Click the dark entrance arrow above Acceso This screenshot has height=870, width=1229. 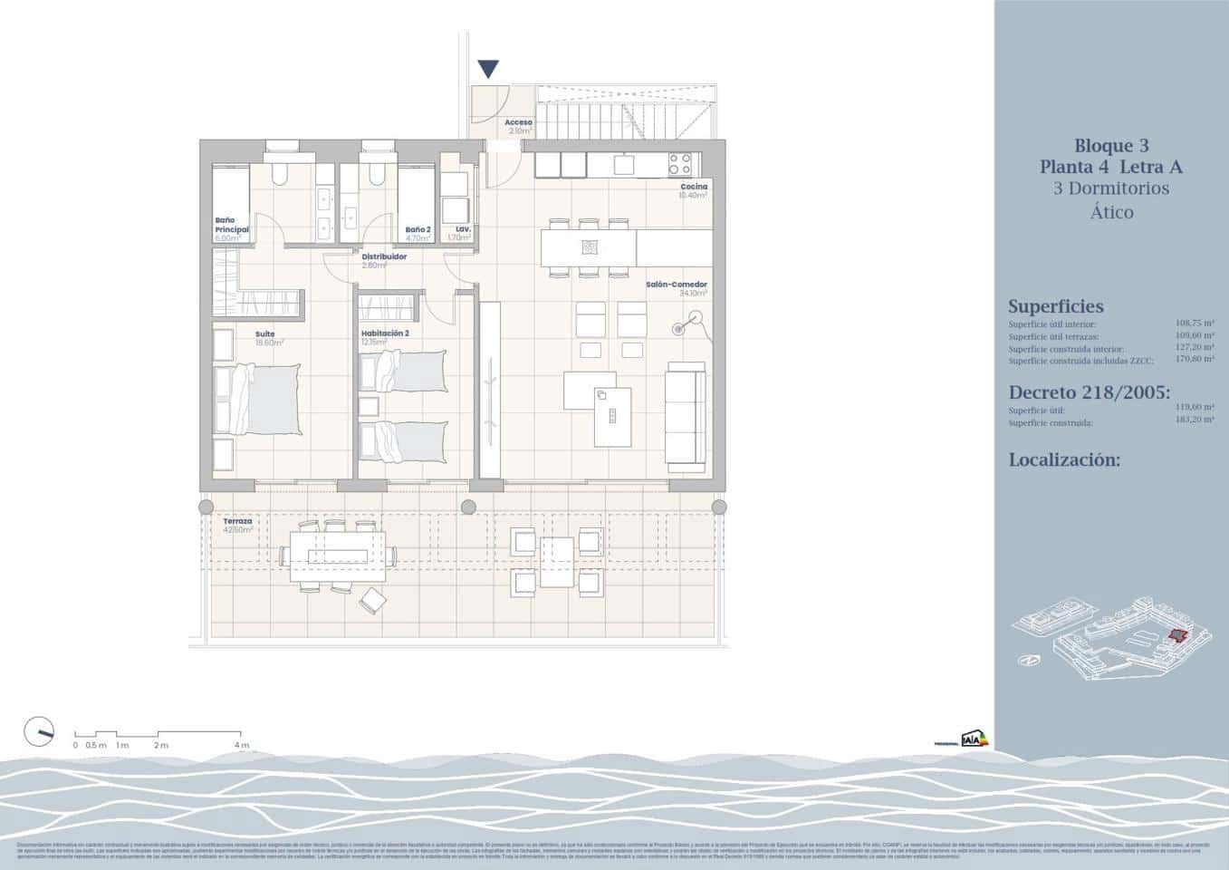(x=488, y=69)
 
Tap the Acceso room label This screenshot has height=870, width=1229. (x=518, y=121)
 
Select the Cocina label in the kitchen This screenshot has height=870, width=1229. (x=694, y=187)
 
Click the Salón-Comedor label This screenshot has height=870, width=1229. (x=676, y=285)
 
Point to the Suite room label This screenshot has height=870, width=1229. (x=264, y=334)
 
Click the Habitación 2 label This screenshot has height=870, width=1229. (x=385, y=333)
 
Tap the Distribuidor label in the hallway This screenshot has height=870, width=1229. (x=384, y=256)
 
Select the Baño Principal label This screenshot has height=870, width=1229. (x=231, y=225)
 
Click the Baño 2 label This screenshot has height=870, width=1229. (x=417, y=229)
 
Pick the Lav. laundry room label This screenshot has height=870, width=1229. (x=463, y=229)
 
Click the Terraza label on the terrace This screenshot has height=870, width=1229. (x=237, y=522)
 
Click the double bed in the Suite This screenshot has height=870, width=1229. (x=264, y=400)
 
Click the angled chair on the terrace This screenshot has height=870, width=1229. (x=372, y=599)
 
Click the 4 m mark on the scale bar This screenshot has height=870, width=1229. (x=240, y=745)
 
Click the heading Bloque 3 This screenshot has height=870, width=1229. (x=1110, y=145)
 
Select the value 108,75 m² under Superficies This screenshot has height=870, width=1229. (x=1195, y=323)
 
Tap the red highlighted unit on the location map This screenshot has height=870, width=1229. (x=1176, y=635)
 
